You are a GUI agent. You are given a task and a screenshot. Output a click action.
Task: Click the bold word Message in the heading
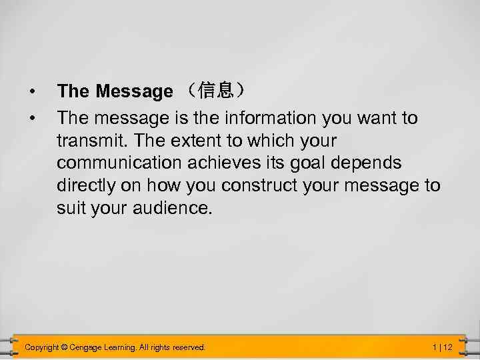pos(134,91)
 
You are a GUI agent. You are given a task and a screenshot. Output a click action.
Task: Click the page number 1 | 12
pos(442,347)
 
